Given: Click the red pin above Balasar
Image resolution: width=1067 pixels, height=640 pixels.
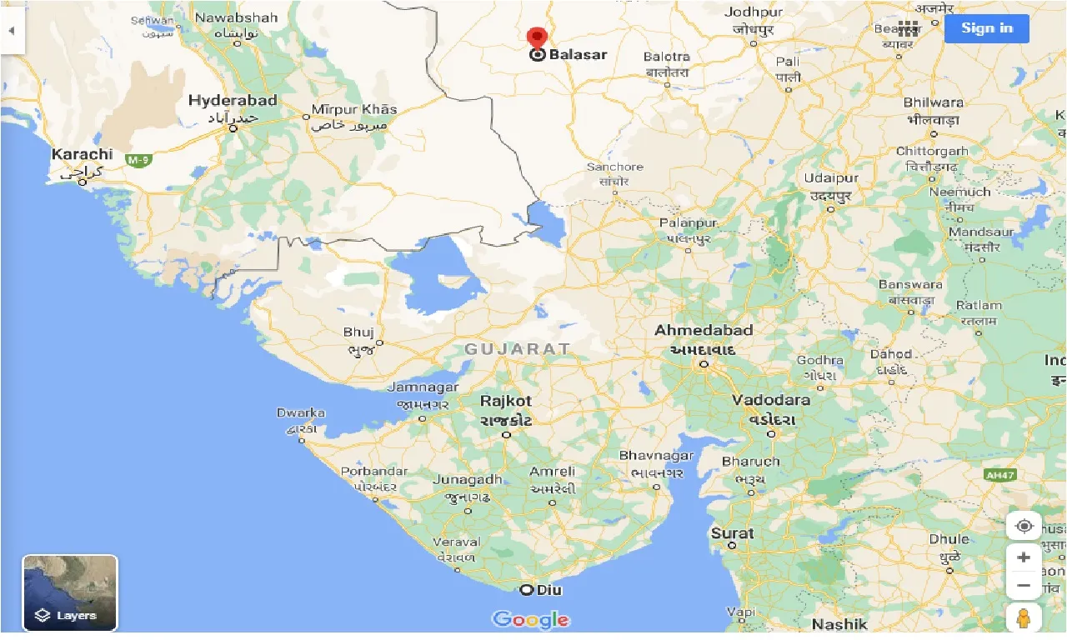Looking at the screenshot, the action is (538, 37).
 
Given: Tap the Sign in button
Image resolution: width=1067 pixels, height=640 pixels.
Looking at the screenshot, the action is (986, 28).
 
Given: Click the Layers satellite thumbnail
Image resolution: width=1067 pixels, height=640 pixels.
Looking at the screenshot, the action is (70, 592).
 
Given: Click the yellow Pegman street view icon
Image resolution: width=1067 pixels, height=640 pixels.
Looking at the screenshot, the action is (1024, 619).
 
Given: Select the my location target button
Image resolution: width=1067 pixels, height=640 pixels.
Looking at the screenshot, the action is (1024, 527).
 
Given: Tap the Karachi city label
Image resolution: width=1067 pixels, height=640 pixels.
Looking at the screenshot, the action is (82, 154).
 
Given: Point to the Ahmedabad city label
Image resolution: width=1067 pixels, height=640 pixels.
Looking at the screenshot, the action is (704, 331).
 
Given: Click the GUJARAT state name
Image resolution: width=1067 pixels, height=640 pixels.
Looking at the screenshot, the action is (518, 349).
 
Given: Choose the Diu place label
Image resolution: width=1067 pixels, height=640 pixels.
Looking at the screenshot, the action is (549, 590).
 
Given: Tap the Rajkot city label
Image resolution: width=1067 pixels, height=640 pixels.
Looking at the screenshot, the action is (506, 401).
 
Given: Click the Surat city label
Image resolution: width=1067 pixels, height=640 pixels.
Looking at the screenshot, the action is (732, 533).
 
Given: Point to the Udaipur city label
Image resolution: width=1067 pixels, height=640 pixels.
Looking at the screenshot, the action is (830, 178).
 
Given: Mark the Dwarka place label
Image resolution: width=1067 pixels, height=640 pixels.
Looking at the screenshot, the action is (301, 412).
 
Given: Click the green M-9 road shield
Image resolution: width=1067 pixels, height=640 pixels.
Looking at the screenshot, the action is (137, 158).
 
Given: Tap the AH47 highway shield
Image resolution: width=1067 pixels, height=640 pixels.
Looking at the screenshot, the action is (999, 475).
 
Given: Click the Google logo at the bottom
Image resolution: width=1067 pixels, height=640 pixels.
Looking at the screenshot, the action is (531, 619).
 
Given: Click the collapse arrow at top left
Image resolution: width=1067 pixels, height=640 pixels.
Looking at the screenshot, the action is (13, 30).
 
